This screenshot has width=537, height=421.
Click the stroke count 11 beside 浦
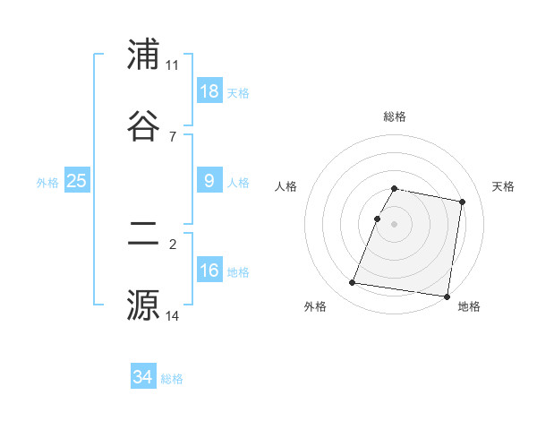click(x=172, y=65)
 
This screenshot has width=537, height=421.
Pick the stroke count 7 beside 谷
click(x=172, y=136)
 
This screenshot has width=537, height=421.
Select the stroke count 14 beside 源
click(x=172, y=315)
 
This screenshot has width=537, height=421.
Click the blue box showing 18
click(x=209, y=90)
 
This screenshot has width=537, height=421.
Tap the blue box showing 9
click(x=209, y=181)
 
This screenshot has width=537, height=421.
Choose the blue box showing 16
click(x=209, y=270)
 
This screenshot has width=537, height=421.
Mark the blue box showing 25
click(x=77, y=181)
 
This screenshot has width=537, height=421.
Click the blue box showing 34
click(x=143, y=377)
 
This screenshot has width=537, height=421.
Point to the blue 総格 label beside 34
click(x=172, y=379)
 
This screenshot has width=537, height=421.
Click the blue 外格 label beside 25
click(x=47, y=183)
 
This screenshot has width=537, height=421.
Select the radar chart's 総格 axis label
click(x=394, y=116)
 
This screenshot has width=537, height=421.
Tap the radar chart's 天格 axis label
click(x=503, y=186)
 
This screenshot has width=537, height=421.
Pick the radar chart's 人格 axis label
click(x=286, y=186)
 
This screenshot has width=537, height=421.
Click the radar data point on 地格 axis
click(x=447, y=296)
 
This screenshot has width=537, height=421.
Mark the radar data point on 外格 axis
click(x=353, y=283)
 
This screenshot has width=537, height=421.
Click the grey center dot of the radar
click(x=394, y=223)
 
